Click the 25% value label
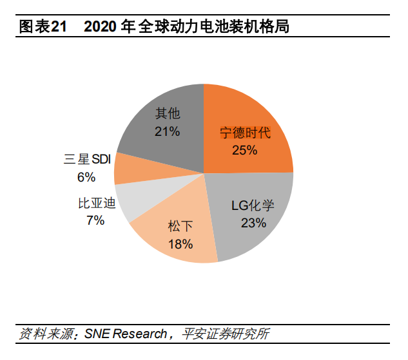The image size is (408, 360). tap(244, 150)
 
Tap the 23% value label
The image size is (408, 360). tap(253, 223)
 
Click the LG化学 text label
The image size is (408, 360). tap(253, 206)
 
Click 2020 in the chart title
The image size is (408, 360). tap(101, 26)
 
